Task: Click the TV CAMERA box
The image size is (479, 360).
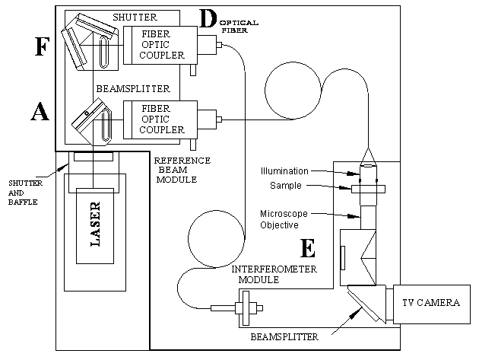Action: [432, 304]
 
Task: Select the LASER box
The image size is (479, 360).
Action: [95, 226]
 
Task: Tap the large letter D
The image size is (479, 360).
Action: [208, 18]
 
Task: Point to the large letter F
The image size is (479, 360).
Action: [42, 46]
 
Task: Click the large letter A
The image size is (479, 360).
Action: [40, 112]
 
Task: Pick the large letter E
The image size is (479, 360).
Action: [308, 248]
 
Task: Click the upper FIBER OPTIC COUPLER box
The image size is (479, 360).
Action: [160, 45]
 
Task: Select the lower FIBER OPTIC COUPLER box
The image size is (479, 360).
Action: [160, 119]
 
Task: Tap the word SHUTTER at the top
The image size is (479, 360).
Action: [135, 18]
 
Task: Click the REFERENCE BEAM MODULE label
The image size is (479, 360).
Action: [182, 170]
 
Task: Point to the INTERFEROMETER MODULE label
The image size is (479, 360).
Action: [274, 274]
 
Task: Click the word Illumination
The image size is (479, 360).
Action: [284, 171]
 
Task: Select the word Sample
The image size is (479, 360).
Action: [286, 186]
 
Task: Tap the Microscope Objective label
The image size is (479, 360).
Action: [284, 219]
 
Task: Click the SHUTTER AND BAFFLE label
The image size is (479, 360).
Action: [25, 193]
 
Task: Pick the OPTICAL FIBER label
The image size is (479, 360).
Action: [239, 27]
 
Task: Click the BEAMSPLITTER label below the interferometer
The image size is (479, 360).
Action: [284, 337]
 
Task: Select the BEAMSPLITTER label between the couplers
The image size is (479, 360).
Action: [133, 89]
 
